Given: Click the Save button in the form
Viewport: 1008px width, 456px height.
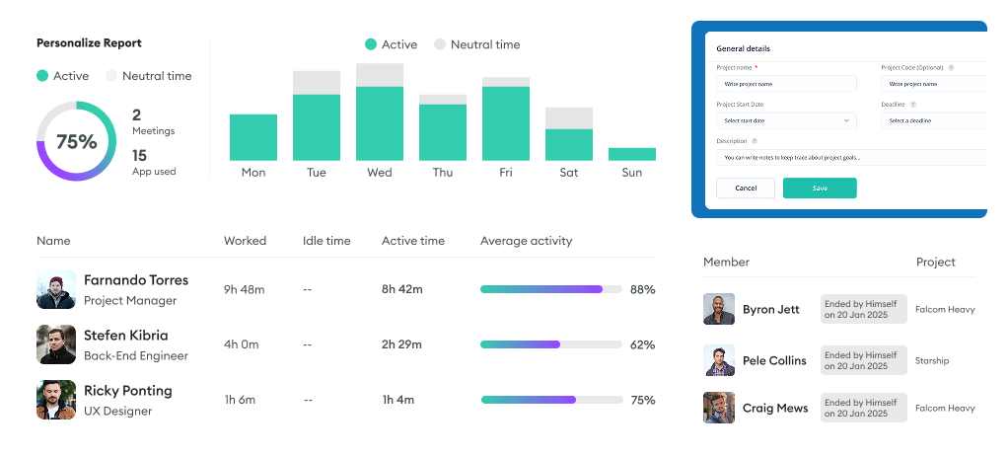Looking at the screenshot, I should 820,188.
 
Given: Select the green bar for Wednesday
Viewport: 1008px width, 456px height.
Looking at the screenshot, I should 380,123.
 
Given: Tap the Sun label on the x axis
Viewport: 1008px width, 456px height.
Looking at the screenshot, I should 632,173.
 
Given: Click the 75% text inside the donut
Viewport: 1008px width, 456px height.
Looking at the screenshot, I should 76,141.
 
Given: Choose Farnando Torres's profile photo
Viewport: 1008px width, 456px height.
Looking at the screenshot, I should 56,289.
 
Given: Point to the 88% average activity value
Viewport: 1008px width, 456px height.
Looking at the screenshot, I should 642,289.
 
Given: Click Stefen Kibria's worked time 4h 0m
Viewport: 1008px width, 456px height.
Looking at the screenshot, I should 241,344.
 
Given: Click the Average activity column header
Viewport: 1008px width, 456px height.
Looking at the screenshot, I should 526,241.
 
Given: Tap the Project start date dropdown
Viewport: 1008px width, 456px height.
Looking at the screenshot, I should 786,120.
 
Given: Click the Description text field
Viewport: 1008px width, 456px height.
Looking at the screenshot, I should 850,157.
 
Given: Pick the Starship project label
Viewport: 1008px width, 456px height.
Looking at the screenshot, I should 932,360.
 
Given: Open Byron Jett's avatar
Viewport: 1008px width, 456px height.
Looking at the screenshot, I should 719,309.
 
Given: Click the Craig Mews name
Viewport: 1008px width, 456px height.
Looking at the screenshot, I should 775,408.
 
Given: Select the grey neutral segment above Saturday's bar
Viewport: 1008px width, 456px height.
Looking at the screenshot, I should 569,117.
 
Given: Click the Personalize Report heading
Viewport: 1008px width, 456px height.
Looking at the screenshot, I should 89,43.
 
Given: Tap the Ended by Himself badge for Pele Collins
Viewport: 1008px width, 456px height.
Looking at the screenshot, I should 863,360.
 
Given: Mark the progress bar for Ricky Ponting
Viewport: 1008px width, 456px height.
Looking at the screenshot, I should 550,400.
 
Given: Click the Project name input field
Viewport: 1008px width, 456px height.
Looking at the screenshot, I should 786,84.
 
